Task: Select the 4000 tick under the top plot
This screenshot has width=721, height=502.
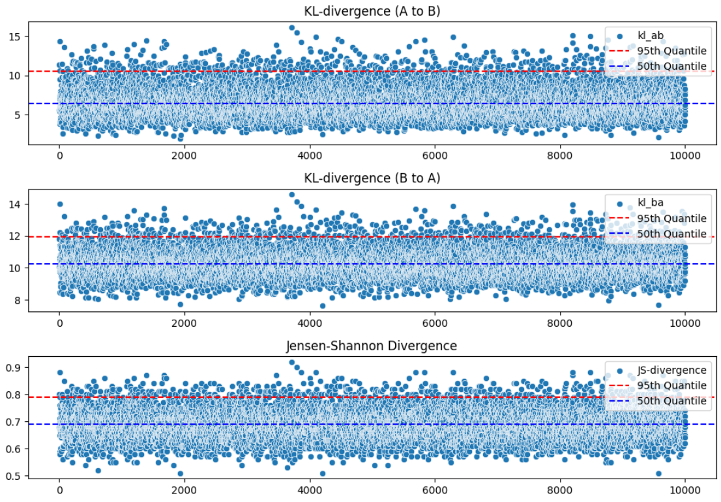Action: click(310, 156)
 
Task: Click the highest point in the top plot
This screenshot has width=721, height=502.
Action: click(292, 27)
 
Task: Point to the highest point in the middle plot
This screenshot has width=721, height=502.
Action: click(292, 194)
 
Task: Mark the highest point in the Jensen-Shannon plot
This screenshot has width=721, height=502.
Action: click(292, 362)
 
